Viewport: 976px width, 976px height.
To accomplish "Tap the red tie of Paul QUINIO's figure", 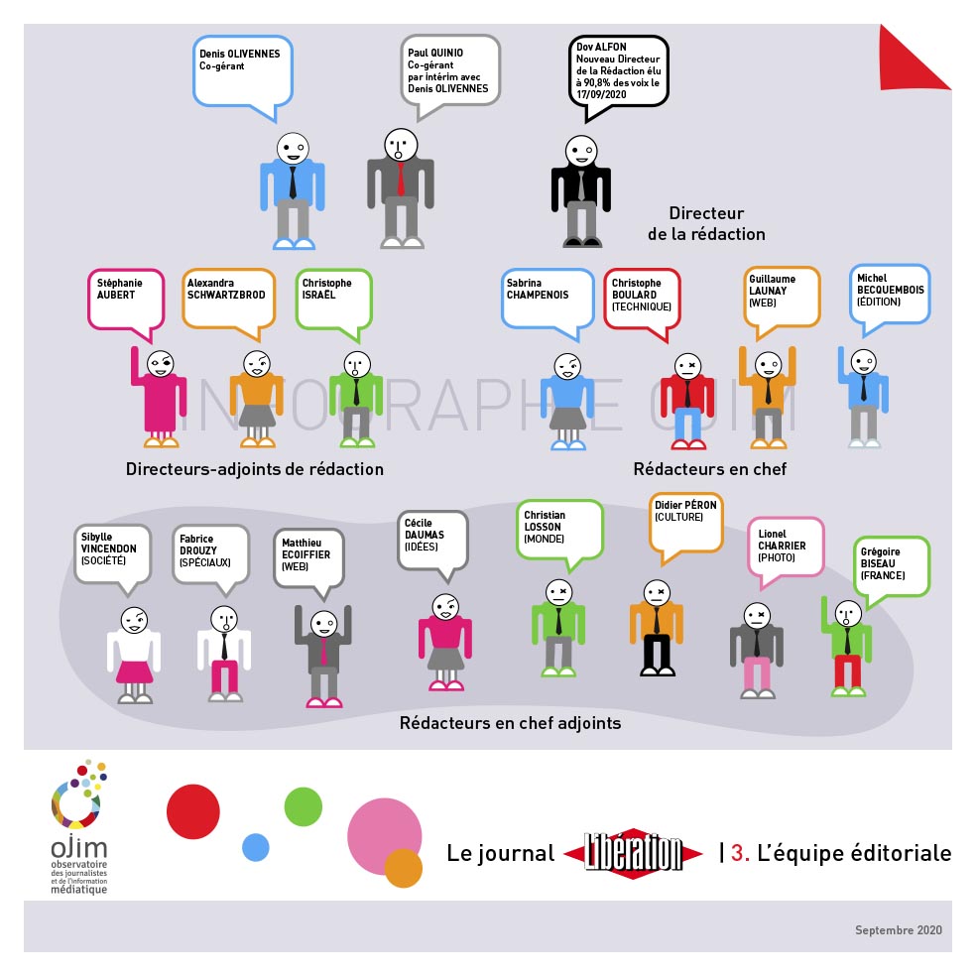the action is (401, 180).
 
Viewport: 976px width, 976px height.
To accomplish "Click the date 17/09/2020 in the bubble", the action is (601, 94).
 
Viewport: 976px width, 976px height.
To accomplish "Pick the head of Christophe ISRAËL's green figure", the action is (357, 365).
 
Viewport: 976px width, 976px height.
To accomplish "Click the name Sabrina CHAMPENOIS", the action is (538, 289).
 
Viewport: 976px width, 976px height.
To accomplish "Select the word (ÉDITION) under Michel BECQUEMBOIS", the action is (878, 302).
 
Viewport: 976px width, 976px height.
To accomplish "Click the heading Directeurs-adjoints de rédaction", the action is (255, 469).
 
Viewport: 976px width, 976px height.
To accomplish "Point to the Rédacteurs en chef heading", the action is (709, 469).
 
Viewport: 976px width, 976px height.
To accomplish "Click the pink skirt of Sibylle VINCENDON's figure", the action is (134, 672).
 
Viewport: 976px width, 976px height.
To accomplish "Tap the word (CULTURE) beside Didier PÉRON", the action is (678, 517).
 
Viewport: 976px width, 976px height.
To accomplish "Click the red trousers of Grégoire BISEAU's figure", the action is (847, 671).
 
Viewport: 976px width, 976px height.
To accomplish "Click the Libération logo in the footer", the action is (633, 853).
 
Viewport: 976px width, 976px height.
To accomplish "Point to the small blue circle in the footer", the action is (255, 847).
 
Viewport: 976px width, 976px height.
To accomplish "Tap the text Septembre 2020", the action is (899, 930).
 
